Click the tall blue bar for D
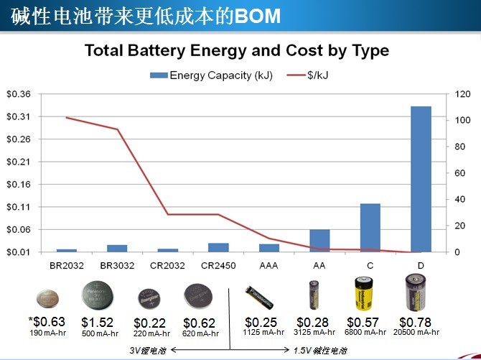click(x=421, y=179)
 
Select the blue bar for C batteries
click(x=370, y=228)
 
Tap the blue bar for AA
click(x=319, y=241)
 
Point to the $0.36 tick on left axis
click(x=19, y=94)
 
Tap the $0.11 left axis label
click(x=19, y=207)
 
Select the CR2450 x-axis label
click(x=218, y=265)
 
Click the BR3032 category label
click(x=117, y=265)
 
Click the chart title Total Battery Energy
click(x=236, y=51)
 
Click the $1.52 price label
click(x=97, y=322)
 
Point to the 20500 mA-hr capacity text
click(x=416, y=332)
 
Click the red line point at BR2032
click(x=66, y=117)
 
